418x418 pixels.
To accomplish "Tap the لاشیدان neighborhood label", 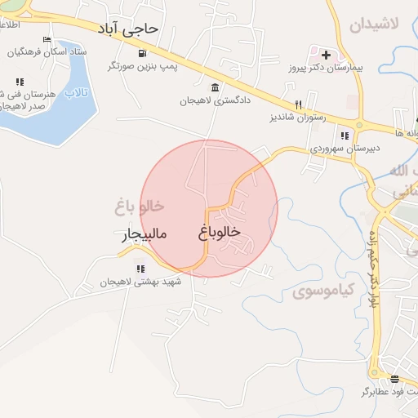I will pyautogui.click(x=374, y=24).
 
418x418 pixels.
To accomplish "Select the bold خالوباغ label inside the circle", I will pyautogui.click(x=219, y=232).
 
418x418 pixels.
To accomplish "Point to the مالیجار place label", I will pyautogui.click(x=145, y=235).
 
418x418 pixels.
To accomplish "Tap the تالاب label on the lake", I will pyautogui.click(x=76, y=93).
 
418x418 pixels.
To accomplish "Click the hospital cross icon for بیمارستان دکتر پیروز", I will pyautogui.click(x=327, y=56).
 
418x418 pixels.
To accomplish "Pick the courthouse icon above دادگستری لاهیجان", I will pyautogui.click(x=215, y=88).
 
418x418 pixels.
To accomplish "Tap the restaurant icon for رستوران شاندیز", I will pyautogui.click(x=299, y=104).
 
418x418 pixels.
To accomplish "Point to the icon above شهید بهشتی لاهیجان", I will pyautogui.click(x=140, y=268).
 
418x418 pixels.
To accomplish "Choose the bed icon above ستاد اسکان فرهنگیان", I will pyautogui.click(x=47, y=39).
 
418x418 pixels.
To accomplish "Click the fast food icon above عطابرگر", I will pyautogui.click(x=394, y=379).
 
